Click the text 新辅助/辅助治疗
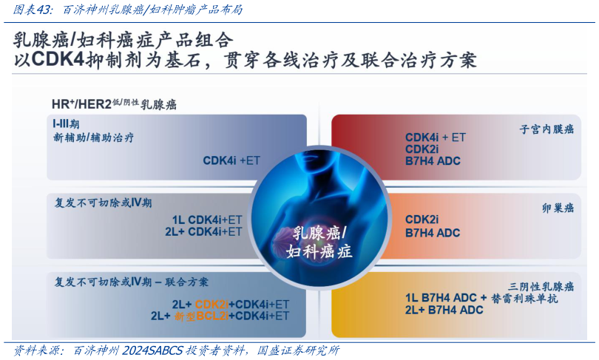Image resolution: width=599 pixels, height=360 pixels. tap(93, 137)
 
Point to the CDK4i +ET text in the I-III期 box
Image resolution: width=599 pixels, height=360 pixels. tap(231, 160)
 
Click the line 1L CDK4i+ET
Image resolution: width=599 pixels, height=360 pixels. tap(207, 220)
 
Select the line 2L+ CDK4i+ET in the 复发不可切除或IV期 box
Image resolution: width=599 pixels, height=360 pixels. tap(204, 231)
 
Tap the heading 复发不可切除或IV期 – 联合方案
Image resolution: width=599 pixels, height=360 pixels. tap(132, 282)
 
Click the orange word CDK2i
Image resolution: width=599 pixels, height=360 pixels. tap(211, 304)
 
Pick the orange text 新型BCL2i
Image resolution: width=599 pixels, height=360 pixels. tap(201, 316)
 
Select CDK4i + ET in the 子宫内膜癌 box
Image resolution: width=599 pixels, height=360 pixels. tap(436, 137)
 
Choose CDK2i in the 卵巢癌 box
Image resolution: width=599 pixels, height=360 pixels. tap(422, 220)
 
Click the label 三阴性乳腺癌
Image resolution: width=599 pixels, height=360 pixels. tap(541, 286)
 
